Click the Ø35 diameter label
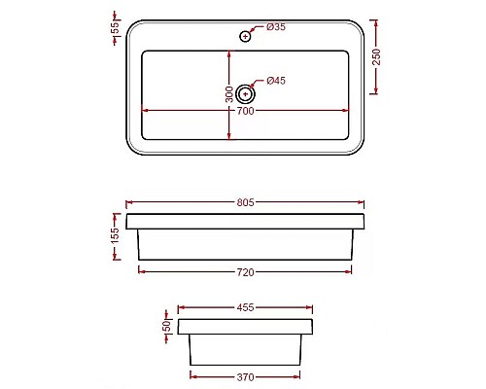click(x=276, y=27)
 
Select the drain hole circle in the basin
click(x=245, y=94)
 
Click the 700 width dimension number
click(x=245, y=112)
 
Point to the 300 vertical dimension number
click(x=229, y=94)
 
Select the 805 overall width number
click(x=245, y=203)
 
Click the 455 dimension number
click(x=245, y=307)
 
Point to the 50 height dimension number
click(x=167, y=327)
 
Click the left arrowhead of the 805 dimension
click(x=129, y=203)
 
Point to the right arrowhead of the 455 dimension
click(x=311, y=307)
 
